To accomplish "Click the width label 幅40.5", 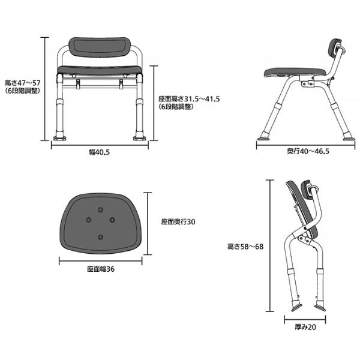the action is (x=99, y=152).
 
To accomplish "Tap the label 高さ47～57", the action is (x=23, y=83).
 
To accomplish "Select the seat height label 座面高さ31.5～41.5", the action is (x=189, y=99).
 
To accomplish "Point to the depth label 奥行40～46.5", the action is (x=308, y=151).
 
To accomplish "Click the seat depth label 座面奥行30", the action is (x=178, y=222).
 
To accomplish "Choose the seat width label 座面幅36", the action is (x=101, y=269).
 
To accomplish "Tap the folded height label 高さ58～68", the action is (x=245, y=247).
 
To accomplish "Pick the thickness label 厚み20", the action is (x=305, y=327).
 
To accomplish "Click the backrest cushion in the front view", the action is (x=100, y=48).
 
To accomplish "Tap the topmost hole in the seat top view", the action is (x=100, y=209).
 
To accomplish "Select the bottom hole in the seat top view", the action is (x=100, y=237).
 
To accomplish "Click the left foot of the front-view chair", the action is (x=59, y=138).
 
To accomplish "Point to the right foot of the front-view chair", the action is (x=140, y=138).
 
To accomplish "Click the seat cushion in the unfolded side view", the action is (x=295, y=73).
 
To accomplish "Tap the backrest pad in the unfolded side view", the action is (x=335, y=50).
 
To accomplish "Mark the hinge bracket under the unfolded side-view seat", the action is (x=308, y=83).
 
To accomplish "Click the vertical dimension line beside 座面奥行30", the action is (x=148, y=224).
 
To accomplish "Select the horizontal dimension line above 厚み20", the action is (x=305, y=319).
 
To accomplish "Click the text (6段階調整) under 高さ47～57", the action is (x=23, y=91).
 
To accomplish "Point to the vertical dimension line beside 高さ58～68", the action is (x=270, y=245).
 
